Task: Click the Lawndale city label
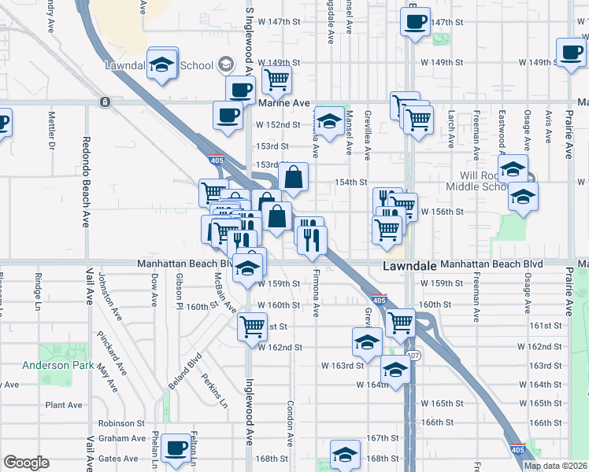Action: (409, 267)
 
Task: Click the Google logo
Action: (26, 463)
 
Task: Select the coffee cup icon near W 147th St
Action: (414, 21)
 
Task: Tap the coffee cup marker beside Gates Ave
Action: (176, 448)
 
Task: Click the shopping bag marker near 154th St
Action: (293, 178)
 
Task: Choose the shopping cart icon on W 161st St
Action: (252, 325)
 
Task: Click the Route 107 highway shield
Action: (414, 357)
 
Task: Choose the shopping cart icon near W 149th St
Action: (276, 79)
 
